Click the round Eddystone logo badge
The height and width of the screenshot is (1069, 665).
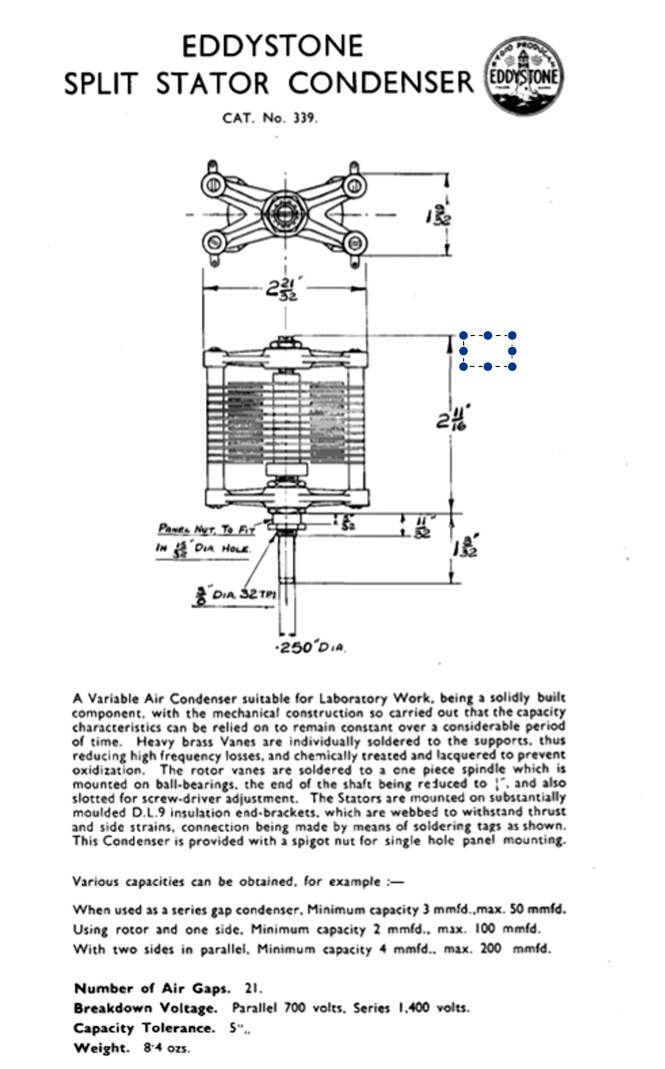pyautogui.click(x=524, y=76)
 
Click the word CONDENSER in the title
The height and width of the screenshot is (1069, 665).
pyautogui.click(x=380, y=83)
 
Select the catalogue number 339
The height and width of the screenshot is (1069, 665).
pyautogui.click(x=304, y=118)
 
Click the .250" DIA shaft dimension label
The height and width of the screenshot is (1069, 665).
pyautogui.click(x=311, y=648)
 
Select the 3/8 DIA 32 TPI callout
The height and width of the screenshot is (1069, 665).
pyautogui.click(x=234, y=594)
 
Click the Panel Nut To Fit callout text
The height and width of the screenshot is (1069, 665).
pyautogui.click(x=206, y=530)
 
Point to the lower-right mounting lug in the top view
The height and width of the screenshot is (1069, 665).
pyautogui.click(x=355, y=244)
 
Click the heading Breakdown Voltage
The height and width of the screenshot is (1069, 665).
pyautogui.click(x=145, y=1008)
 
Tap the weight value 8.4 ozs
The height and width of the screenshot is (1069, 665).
pyautogui.click(x=166, y=1048)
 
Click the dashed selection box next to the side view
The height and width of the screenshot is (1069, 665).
pyautogui.click(x=488, y=351)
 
